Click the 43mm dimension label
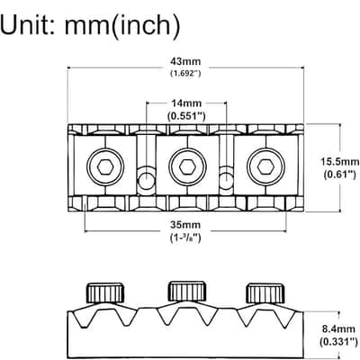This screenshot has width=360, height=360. pyautogui.click(x=185, y=61)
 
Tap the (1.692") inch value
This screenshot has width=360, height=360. pyautogui.click(x=185, y=73)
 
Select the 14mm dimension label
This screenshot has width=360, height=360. pyautogui.click(x=186, y=103)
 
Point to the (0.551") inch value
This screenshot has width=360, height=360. pyautogui.click(x=186, y=116)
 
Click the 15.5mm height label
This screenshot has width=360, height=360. pyautogui.click(x=340, y=162)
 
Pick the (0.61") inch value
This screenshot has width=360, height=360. pyautogui.click(x=340, y=175)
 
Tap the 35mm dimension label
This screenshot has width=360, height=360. pyautogui.click(x=185, y=225)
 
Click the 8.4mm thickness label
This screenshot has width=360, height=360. pyautogui.click(x=338, y=329)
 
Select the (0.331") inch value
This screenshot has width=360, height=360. pyautogui.click(x=338, y=341)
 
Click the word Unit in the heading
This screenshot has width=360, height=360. pyautogui.click(x=27, y=25)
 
